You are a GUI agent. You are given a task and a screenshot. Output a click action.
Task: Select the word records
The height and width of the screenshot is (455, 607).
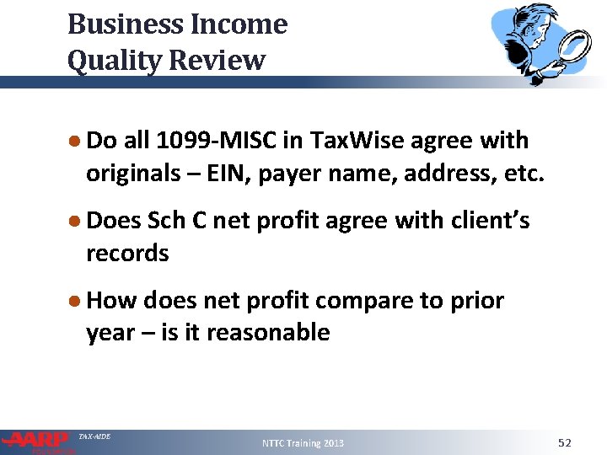point(127,253)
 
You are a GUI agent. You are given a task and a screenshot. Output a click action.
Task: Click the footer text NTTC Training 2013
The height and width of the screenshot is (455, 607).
point(303,442)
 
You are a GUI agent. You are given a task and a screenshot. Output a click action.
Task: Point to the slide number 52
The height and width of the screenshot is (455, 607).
point(565,442)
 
